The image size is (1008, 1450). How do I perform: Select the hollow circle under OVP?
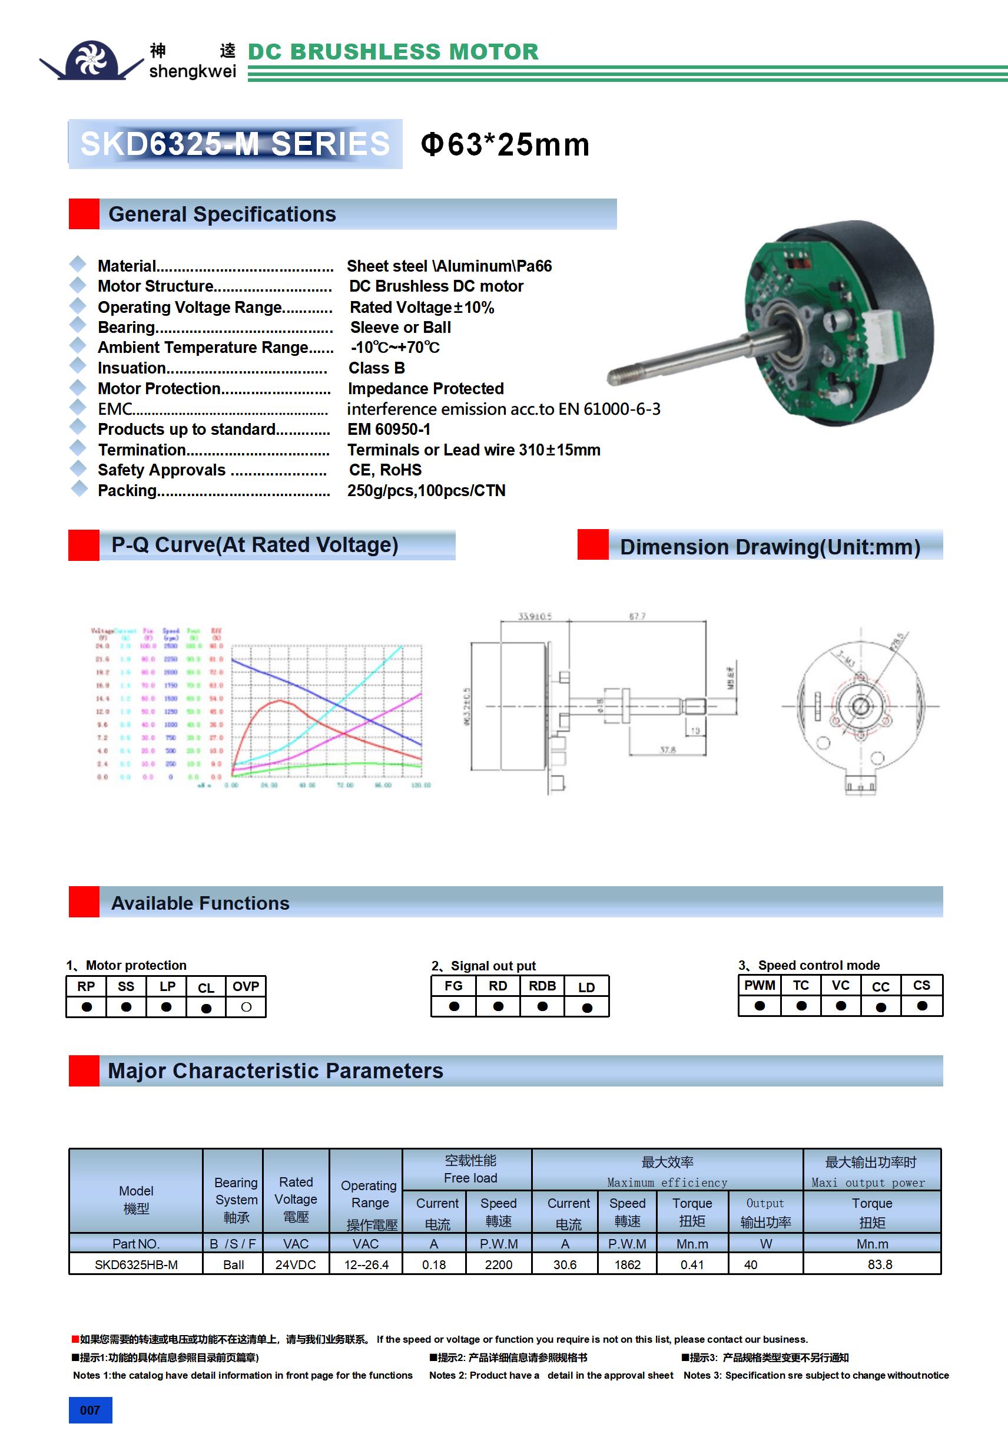[246, 1008]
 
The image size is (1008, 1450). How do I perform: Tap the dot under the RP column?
[87, 1008]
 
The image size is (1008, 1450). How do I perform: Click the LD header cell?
[586, 987]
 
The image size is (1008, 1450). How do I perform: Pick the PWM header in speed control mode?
[760, 985]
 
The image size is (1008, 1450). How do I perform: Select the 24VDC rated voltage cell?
[296, 1264]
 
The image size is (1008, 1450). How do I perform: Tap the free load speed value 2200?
[498, 1264]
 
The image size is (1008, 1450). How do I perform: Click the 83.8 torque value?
[879, 1264]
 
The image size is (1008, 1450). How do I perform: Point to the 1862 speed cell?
[628, 1264]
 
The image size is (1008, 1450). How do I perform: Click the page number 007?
[90, 1410]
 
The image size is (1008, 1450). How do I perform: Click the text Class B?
[377, 368]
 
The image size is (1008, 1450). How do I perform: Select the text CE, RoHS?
[385, 471]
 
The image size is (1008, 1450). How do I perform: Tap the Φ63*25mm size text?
[505, 144]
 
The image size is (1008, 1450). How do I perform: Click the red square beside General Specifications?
[84, 214]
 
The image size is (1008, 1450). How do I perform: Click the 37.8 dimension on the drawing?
[667, 749]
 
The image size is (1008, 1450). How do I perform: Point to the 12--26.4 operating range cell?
[366, 1264]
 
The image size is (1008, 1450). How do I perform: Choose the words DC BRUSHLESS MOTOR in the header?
[393, 52]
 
